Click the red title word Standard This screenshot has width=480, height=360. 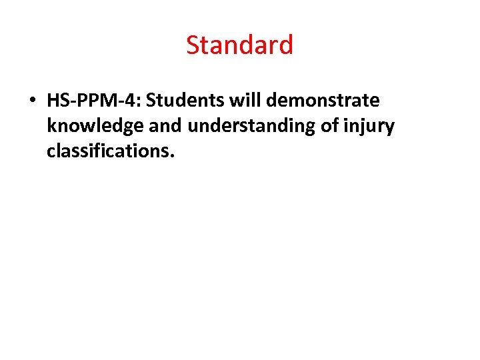click(239, 45)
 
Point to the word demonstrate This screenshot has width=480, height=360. click(323, 101)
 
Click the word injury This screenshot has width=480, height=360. click(370, 126)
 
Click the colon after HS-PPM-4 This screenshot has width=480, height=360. click(141, 102)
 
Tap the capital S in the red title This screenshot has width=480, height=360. click(193, 45)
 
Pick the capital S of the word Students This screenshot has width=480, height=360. click(151, 101)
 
